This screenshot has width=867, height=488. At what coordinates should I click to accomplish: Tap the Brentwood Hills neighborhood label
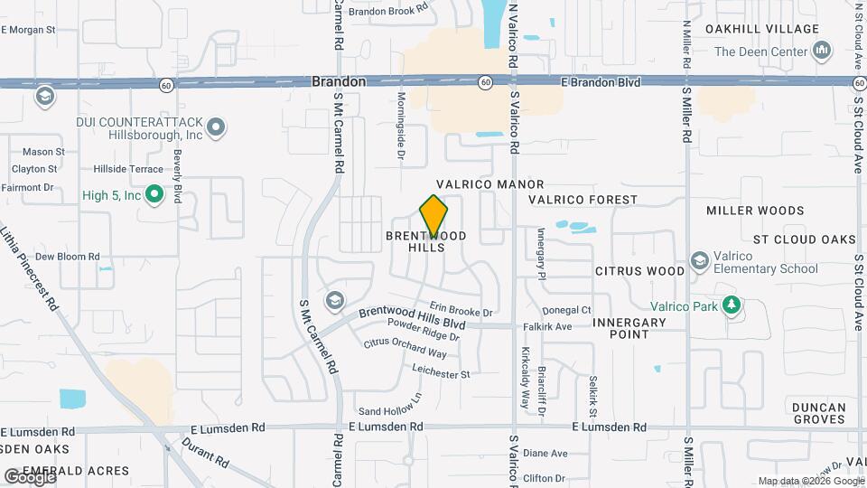(x=426, y=241)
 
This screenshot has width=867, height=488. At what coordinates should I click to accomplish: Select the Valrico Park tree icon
(x=731, y=306)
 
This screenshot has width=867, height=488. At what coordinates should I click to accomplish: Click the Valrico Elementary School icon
(x=699, y=262)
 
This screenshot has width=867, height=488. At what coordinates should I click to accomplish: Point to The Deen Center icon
(x=822, y=52)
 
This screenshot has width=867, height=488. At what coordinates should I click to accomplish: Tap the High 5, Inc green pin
(x=154, y=194)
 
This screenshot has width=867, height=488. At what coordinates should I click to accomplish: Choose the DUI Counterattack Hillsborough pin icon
(x=216, y=127)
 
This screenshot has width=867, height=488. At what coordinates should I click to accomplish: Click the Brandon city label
(x=339, y=81)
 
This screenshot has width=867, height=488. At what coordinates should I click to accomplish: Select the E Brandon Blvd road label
(x=601, y=82)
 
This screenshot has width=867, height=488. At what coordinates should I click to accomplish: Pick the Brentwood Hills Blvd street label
(x=412, y=317)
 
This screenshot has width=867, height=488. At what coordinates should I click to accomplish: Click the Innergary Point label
(x=634, y=328)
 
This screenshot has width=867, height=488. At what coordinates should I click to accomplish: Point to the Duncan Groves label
(x=818, y=413)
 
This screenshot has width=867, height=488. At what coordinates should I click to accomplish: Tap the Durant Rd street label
(x=205, y=452)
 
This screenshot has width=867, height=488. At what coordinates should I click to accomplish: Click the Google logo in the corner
(x=29, y=476)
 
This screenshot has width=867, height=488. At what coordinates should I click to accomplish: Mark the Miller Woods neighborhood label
(x=755, y=211)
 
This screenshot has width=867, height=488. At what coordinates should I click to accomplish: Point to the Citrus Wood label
(x=639, y=271)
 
